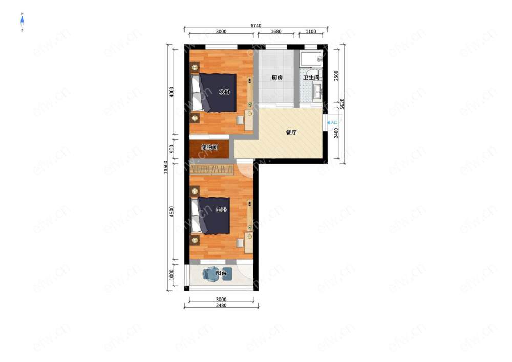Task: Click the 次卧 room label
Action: tap(224, 92)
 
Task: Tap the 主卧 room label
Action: tap(221, 210)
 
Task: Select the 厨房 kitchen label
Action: tap(277, 78)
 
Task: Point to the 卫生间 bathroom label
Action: tap(311, 78)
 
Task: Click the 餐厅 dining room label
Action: tap(291, 133)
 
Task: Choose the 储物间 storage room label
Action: tap(209, 147)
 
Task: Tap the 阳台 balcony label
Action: tap(221, 273)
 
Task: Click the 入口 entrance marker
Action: tap(332, 123)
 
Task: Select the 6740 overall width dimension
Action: tap(255, 26)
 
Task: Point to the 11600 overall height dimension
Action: tap(165, 167)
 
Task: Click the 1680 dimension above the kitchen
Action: tap(276, 32)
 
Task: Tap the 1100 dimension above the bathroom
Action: tap(311, 32)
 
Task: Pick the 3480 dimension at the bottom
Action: tap(221, 306)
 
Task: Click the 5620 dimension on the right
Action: tap(342, 104)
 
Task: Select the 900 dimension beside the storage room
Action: tap(172, 149)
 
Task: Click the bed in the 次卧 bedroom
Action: tap(214, 92)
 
